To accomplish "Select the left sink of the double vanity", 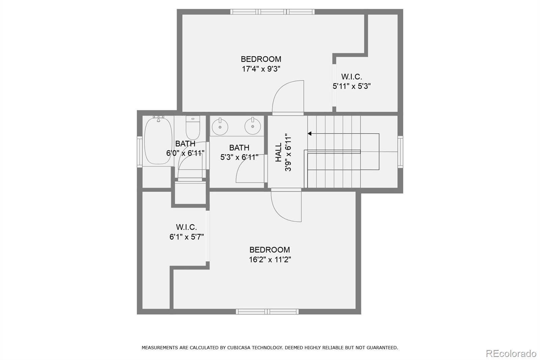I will pos(220,126).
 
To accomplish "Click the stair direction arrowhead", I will pos(309,134).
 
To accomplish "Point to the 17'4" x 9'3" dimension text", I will pos(261,69).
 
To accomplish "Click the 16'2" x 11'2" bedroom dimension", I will pos(270,260).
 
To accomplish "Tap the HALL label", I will pos(278,152).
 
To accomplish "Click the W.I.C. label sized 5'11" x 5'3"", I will pos(351,77).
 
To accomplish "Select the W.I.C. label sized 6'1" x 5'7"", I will pos(186,227).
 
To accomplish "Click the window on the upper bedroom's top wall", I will pos(272,12).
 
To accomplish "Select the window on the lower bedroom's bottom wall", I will pos(267,311).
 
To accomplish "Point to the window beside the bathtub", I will pos(139,151).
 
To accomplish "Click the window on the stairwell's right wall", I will pos(400,152).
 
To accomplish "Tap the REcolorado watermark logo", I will pos(511,353).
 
